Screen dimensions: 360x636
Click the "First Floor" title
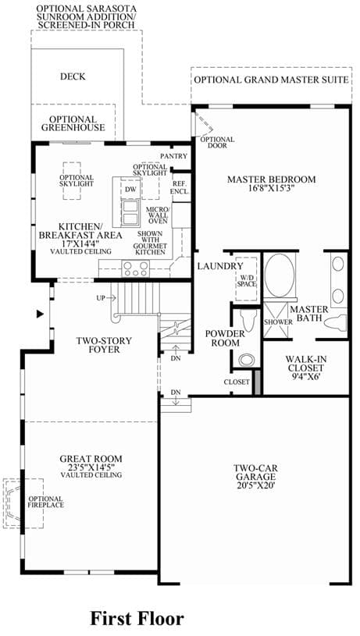(x=137, y=619)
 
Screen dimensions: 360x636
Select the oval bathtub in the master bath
(x=280, y=275)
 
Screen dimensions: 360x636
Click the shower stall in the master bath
(x=278, y=321)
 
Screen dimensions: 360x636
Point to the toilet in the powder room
(x=247, y=319)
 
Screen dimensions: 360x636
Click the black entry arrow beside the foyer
(x=40, y=314)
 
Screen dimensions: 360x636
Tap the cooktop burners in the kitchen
(x=136, y=268)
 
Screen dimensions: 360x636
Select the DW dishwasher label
(x=130, y=189)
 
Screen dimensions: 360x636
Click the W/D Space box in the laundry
(x=246, y=279)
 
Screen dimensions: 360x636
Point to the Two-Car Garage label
(x=255, y=477)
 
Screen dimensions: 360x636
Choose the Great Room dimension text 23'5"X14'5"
(x=91, y=467)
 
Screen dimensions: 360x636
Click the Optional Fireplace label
(x=45, y=502)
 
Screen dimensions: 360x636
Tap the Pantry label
(x=173, y=156)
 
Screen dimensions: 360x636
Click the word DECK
(x=73, y=76)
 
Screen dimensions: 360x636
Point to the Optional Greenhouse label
(x=73, y=123)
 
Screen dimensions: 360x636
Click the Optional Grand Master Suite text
(x=271, y=80)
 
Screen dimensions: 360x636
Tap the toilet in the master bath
(x=336, y=322)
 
